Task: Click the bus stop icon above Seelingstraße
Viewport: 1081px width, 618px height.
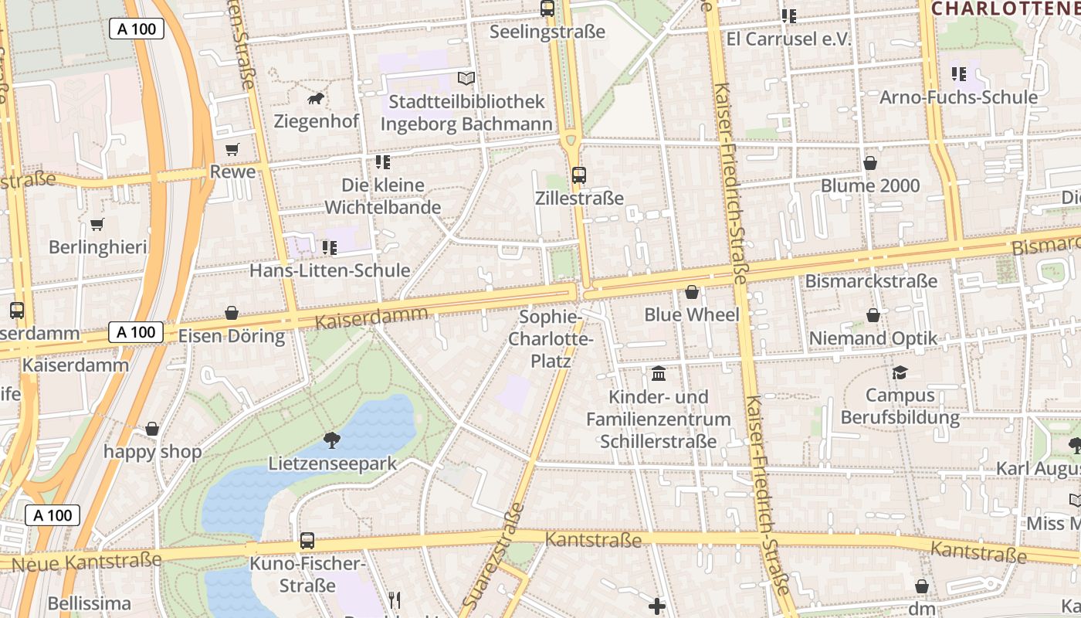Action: coord(547,8)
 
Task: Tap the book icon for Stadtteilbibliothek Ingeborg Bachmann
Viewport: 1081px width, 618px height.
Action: coord(466,78)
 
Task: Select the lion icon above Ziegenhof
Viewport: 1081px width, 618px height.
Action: coord(316,99)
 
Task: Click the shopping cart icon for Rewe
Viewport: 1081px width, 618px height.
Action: coord(232,149)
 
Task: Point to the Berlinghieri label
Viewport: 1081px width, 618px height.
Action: coord(97,247)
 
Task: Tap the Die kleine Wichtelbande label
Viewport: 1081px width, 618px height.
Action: coord(383,196)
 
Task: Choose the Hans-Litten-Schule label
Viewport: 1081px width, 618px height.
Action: coord(330,270)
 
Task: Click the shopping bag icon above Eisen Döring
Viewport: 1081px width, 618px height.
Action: coord(231,313)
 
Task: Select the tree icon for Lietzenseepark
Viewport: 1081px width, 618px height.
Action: coord(332,440)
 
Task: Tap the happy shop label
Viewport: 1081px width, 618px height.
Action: coord(152,451)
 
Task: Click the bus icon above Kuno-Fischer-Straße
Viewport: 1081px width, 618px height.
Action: coord(307,541)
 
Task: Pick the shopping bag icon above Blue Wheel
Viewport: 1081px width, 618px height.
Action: coord(692,292)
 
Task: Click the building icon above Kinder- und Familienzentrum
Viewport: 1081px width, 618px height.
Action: coord(659,374)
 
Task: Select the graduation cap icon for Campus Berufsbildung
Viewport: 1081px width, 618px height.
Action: coord(900,373)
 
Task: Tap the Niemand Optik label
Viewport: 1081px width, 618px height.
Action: coord(873,338)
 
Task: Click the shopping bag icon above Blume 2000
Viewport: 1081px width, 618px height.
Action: coord(870,163)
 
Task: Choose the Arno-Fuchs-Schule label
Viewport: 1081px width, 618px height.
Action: coord(958,97)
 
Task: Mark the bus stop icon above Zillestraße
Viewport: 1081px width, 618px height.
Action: coord(579,175)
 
